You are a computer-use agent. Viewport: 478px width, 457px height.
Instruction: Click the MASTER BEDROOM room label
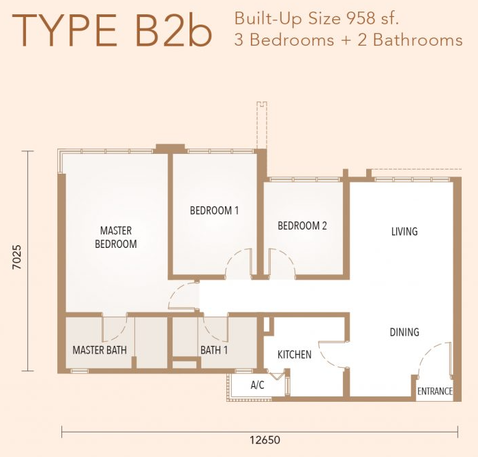click(116, 237)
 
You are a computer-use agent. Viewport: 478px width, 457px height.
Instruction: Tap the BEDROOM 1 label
click(214, 210)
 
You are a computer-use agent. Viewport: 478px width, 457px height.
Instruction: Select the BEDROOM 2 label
click(302, 225)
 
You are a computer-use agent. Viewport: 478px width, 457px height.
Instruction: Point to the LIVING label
click(404, 232)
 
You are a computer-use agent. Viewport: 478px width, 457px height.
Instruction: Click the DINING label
click(404, 332)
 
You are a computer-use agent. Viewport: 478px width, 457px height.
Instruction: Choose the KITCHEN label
click(295, 354)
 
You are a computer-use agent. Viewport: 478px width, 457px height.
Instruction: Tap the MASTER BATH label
click(100, 350)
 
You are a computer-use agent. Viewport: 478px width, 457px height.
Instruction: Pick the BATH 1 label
click(214, 350)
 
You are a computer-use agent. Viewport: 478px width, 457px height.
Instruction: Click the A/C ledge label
click(257, 385)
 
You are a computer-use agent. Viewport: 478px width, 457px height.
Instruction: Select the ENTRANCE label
click(435, 391)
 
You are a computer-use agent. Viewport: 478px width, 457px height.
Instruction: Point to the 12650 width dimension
click(265, 440)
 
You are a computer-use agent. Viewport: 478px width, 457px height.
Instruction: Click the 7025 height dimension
click(17, 257)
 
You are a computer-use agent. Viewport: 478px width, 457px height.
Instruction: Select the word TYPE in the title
click(64, 31)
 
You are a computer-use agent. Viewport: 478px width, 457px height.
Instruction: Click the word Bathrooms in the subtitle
click(417, 40)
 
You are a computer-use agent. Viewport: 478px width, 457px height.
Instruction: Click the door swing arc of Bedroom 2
click(286, 258)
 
